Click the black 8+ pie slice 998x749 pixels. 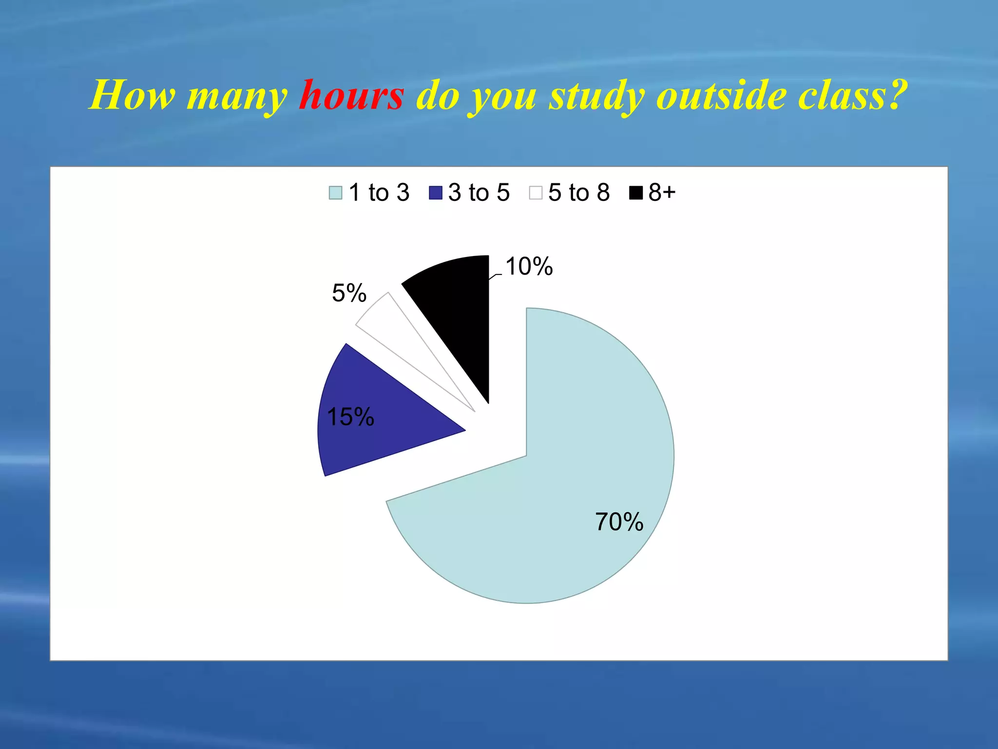tap(458, 312)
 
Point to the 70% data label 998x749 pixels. tap(619, 522)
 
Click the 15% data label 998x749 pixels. tap(350, 417)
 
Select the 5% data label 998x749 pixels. tap(349, 293)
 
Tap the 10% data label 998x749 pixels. tap(529, 267)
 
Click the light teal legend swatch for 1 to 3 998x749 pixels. tap(336, 193)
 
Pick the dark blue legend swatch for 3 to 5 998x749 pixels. tap(435, 193)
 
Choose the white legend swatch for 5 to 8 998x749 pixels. tap(536, 193)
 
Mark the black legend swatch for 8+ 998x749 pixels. tap(636, 193)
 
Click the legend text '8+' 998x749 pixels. tap(662, 193)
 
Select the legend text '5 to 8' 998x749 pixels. tap(579, 193)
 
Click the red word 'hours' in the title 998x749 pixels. tap(351, 95)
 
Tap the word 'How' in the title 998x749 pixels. tap(132, 95)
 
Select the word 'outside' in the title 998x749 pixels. tap(721, 95)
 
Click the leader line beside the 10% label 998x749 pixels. tap(495, 276)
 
